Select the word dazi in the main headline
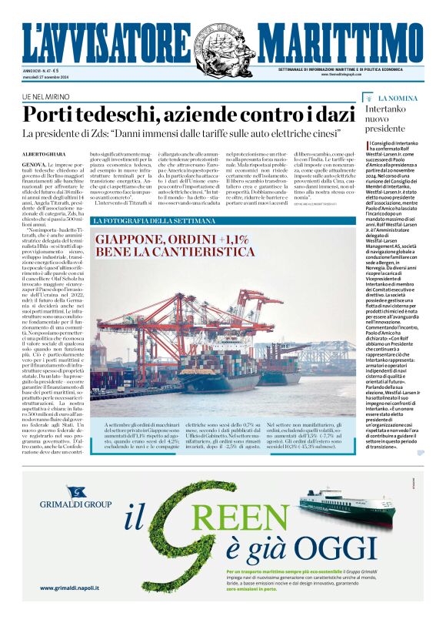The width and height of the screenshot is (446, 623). coord(335,115)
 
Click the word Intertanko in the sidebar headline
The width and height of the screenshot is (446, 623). coord(408,109)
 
